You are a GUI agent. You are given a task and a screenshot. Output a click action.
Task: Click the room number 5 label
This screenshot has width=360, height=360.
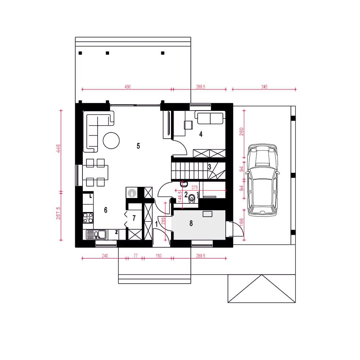tap(138, 146)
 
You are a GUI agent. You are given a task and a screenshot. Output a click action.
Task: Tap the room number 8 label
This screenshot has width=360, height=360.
tap(191, 223)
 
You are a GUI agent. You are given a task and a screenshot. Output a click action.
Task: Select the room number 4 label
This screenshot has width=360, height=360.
tap(201, 134)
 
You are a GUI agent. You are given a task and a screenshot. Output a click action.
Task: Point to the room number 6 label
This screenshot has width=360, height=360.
tap(105, 210)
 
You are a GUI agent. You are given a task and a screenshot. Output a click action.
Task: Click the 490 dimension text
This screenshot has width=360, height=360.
tap(128, 87)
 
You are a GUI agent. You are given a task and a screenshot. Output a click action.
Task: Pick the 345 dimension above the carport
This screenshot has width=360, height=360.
tap(264, 87)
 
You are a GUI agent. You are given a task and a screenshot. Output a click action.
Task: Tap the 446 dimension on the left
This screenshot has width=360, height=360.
tap(58, 148)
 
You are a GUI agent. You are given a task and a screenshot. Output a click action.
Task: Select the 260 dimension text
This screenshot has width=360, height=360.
tap(242, 131)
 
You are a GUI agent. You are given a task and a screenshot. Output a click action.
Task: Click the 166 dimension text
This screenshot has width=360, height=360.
tap(241, 222)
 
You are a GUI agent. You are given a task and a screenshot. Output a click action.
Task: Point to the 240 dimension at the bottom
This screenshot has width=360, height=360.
tap(105, 256)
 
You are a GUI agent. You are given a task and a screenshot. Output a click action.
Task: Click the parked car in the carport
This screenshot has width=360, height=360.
tap(262, 180)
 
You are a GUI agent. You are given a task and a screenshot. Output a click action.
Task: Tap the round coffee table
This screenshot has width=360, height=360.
tap(111, 140)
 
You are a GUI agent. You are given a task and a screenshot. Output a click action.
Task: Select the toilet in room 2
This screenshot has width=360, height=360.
tap(192, 199)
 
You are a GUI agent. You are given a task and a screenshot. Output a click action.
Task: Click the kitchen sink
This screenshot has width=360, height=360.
tap(96, 235)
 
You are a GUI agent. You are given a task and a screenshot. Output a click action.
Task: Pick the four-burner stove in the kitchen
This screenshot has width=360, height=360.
tap(88, 218)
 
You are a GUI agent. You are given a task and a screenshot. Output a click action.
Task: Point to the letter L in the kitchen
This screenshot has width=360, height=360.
tap(91, 196)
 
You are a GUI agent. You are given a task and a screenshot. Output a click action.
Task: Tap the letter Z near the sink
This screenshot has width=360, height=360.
tap(116, 232)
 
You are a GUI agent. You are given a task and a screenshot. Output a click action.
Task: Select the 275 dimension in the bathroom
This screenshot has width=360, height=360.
tap(195, 188)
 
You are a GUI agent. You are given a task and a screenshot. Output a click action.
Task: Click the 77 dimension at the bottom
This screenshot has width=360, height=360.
tap(135, 256)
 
